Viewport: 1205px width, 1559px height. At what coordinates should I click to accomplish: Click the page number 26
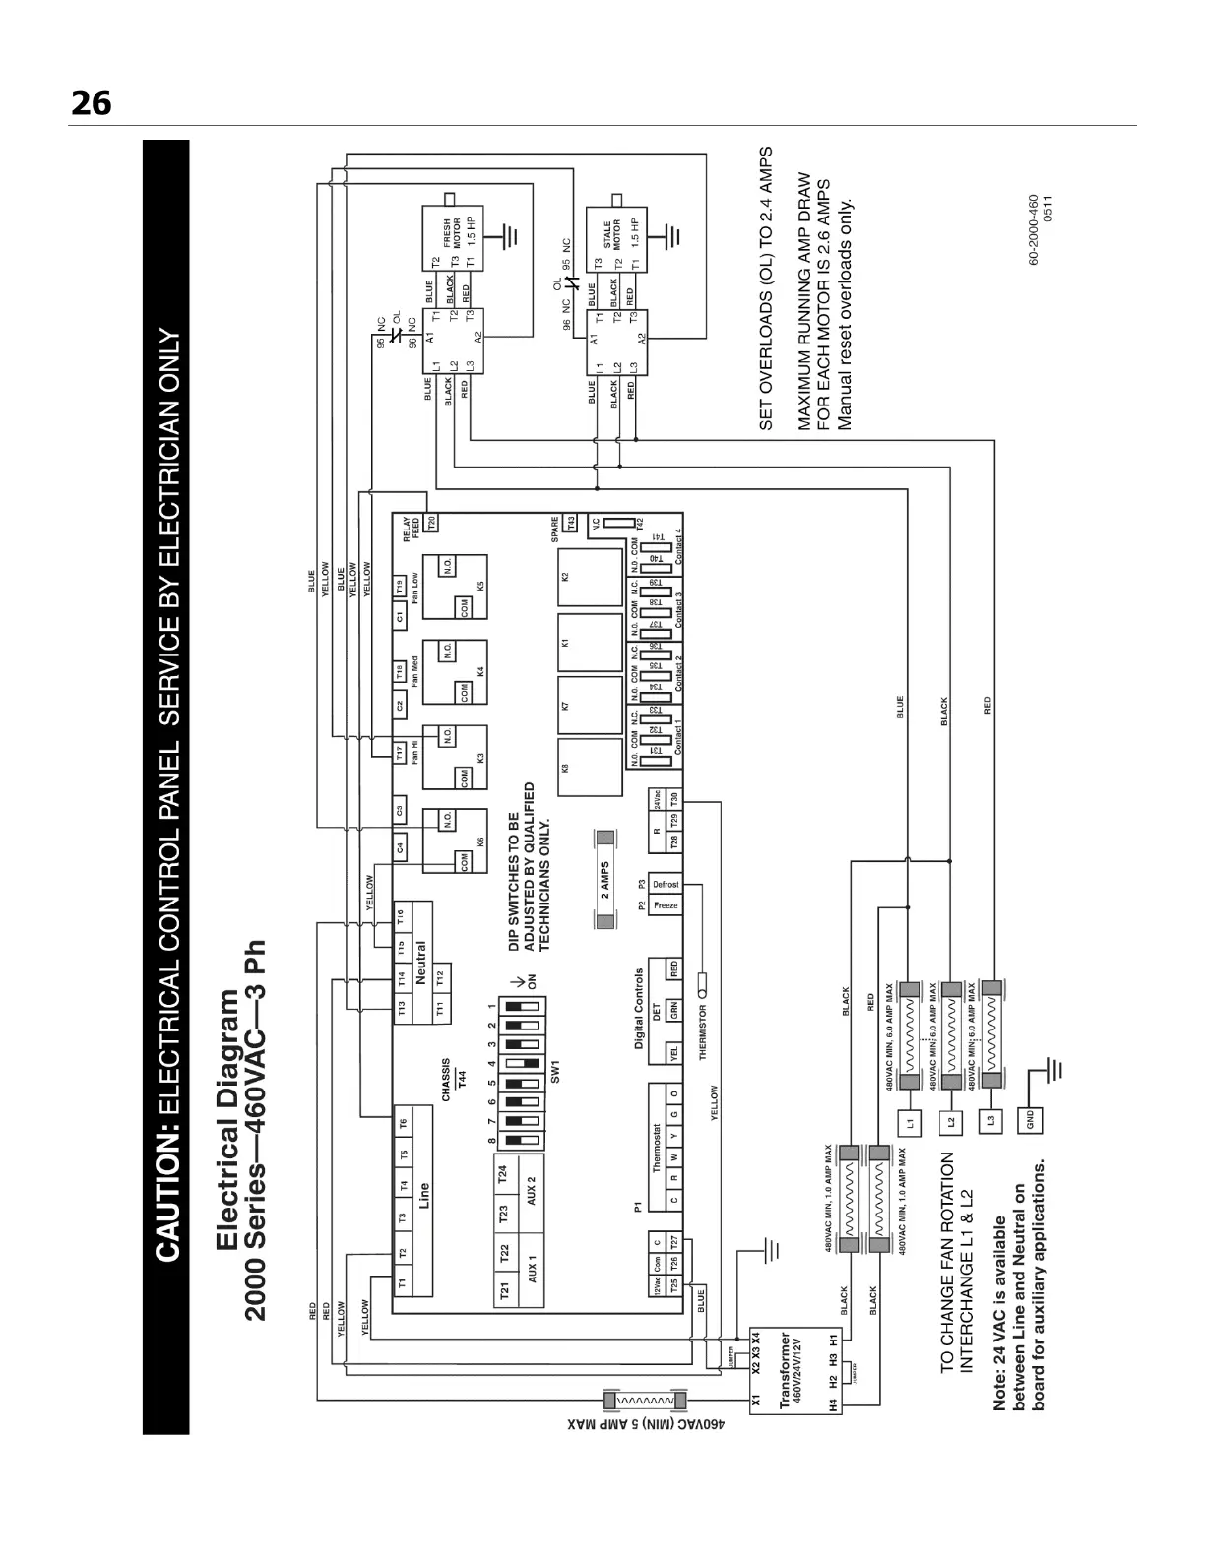[91, 103]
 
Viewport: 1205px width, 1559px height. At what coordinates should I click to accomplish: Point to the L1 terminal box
[909, 1121]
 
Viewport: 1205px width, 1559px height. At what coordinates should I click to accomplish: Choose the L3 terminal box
[990, 1121]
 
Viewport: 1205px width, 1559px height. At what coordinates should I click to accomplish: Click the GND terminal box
[1030, 1121]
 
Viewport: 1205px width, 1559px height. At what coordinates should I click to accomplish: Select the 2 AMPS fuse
[605, 879]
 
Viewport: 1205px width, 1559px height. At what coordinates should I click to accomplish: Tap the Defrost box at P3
[666, 884]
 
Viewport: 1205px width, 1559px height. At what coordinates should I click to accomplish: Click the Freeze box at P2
[666, 905]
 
